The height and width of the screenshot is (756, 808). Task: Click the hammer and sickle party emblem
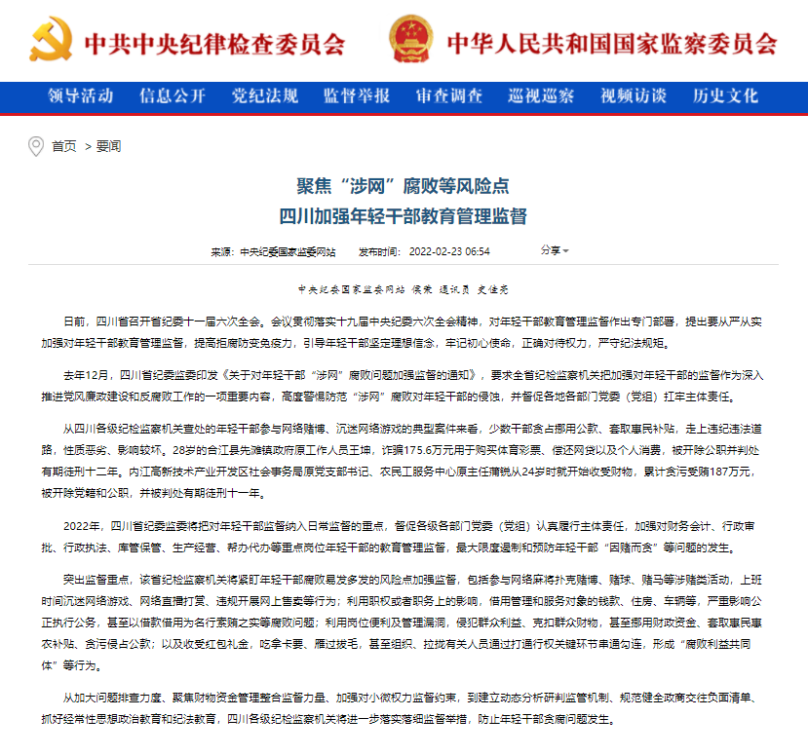pos(51,42)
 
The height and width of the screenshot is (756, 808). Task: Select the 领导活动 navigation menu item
pos(81,95)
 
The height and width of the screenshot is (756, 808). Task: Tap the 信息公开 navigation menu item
pos(173,95)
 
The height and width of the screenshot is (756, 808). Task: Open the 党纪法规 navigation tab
pos(264,95)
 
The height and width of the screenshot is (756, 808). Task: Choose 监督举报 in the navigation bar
pos(357,95)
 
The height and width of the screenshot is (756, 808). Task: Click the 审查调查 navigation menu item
pos(449,95)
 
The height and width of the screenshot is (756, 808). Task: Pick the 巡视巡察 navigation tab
pos(541,95)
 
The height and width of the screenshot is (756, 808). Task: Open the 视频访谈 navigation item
pos(634,95)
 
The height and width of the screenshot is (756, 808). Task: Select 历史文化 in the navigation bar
pos(725,95)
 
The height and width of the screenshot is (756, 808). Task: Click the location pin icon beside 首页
pos(36,146)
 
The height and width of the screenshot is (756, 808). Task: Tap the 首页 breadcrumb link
pos(64,146)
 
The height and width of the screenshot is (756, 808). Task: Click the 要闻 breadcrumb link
pos(108,146)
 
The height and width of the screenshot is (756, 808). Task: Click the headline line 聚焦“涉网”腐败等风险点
pos(403,185)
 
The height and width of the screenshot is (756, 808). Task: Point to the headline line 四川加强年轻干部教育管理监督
pos(403,214)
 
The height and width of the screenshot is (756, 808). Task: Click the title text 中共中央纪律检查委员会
pos(214,44)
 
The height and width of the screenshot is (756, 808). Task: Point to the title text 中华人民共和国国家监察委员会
pos(612,44)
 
